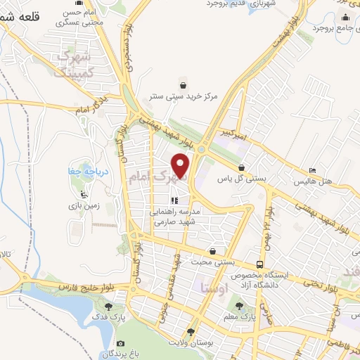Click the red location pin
click(181, 166)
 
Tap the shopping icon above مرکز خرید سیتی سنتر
click(183, 82)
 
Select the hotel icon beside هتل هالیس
click(313, 171)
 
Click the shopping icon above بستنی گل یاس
click(243, 168)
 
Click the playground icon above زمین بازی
click(85, 194)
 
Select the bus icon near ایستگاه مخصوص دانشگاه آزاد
click(260, 265)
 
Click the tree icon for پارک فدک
click(108, 307)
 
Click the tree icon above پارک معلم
click(239, 306)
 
